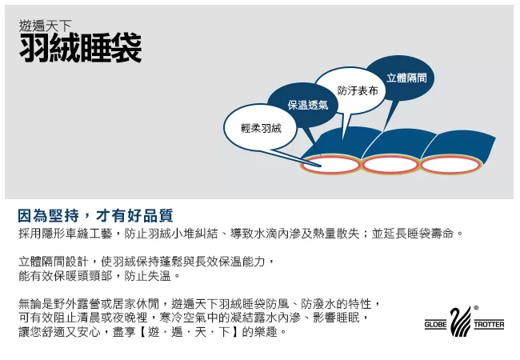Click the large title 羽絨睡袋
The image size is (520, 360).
[x=81, y=48]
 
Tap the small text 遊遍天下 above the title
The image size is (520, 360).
[x=45, y=26]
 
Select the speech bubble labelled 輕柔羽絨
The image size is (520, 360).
[x=260, y=128]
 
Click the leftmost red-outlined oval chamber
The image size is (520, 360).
[x=330, y=165]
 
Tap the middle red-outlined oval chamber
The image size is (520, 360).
[x=390, y=165]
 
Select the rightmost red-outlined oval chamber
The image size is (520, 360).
[x=450, y=165]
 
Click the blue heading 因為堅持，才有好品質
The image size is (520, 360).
[x=95, y=216]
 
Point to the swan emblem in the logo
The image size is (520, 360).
[x=460, y=321]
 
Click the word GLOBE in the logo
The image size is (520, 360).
[x=435, y=325]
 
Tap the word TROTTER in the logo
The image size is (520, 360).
[x=489, y=325]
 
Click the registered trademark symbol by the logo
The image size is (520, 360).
[x=476, y=308]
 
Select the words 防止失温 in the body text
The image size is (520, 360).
[x=147, y=275]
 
